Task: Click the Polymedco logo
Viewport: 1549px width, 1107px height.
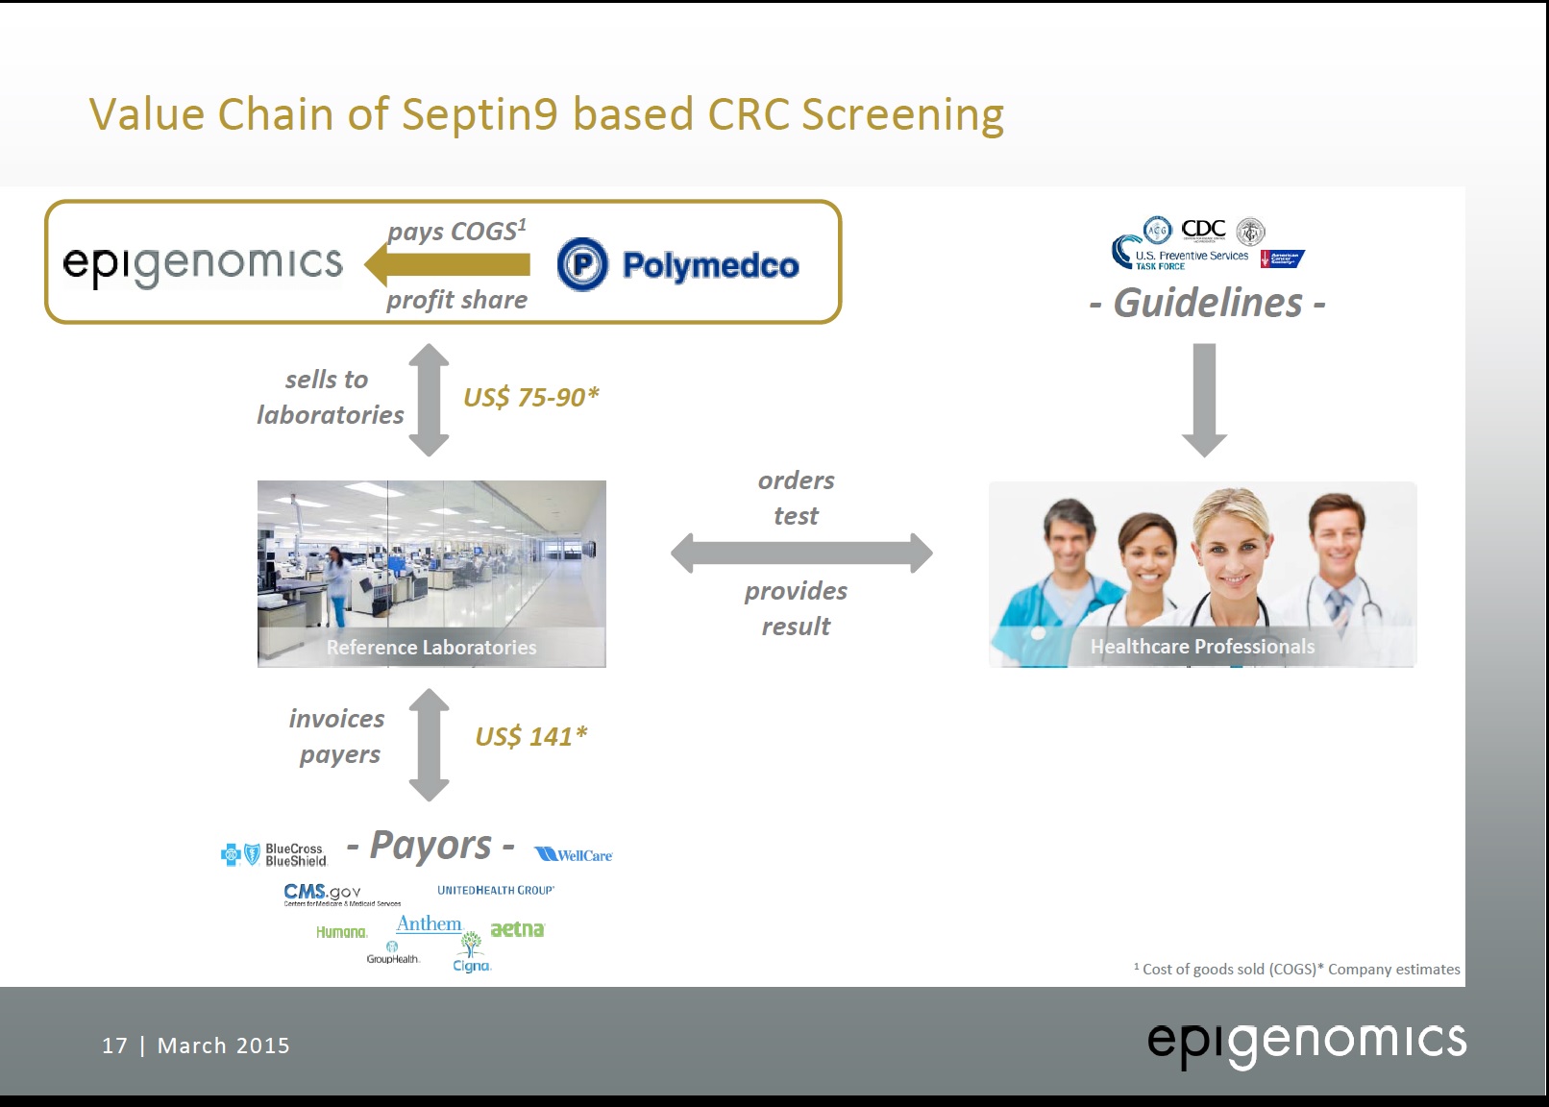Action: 677,264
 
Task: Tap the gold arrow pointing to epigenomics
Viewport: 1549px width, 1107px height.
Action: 448,264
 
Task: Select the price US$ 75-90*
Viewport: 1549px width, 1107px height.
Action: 530,397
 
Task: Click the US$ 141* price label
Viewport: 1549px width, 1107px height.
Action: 530,736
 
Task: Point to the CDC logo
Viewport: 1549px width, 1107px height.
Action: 1203,229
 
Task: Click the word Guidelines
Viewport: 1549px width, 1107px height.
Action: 1208,304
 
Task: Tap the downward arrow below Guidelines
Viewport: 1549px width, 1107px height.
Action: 1204,399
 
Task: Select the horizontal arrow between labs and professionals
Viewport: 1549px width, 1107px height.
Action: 801,553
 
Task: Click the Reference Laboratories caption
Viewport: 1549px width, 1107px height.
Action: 431,648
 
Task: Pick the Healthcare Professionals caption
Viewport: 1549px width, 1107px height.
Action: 1202,647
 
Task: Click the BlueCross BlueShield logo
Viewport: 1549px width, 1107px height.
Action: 274,854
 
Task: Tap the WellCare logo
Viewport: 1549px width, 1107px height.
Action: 574,855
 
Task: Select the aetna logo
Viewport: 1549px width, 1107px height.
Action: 517,929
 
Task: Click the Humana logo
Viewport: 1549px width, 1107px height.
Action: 341,932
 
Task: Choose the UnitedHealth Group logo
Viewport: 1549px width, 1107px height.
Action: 496,891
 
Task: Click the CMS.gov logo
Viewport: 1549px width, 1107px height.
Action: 323,893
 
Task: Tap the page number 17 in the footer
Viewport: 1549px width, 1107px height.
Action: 114,1045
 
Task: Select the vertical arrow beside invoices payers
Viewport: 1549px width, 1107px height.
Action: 429,745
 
